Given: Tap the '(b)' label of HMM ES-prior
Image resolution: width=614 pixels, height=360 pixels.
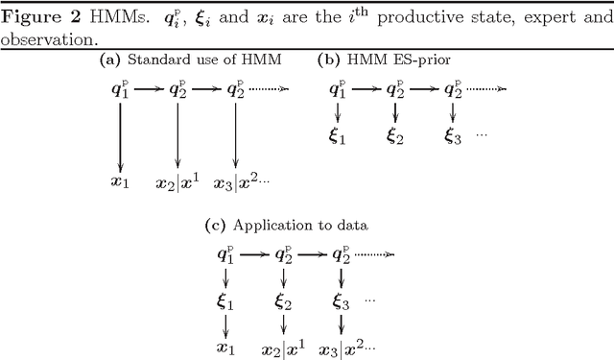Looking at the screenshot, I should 328,60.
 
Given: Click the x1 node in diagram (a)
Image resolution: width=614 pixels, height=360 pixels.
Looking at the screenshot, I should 120,182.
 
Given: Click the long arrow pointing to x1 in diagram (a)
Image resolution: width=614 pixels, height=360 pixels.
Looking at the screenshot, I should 120,135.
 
